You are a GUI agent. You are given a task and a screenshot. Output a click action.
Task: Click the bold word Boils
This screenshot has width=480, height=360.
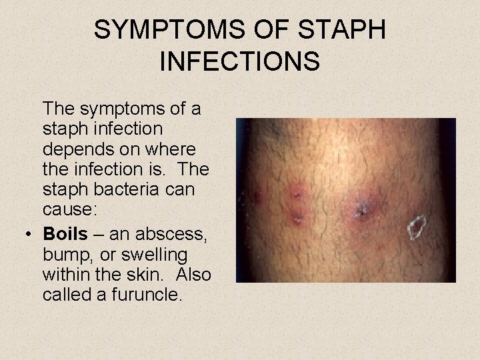(x=65, y=235)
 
